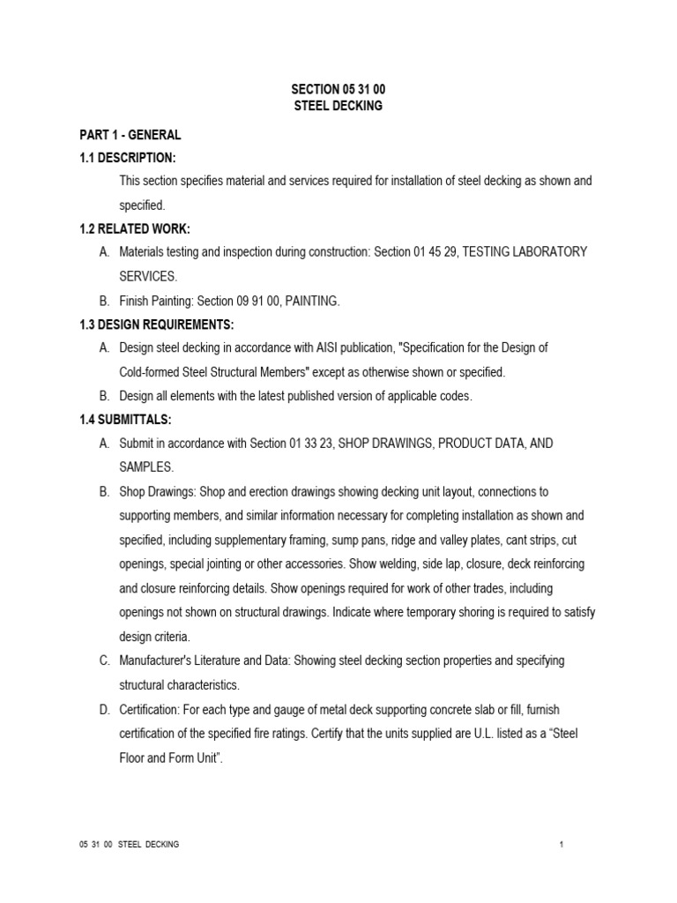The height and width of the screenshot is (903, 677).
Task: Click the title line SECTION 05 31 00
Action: pos(338,90)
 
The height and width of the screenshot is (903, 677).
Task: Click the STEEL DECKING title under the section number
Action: pos(338,107)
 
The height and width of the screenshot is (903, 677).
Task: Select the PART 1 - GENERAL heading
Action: pos(130,135)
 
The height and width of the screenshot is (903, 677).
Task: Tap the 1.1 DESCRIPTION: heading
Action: pos(128,158)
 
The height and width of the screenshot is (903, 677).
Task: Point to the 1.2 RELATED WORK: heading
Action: pos(132,229)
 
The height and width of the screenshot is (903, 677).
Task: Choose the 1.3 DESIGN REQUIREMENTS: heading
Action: pos(157,325)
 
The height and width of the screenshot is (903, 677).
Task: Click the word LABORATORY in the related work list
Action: pos(546,252)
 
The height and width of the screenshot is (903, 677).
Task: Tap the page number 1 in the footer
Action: pos(561,845)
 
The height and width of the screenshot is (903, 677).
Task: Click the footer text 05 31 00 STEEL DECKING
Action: pos(129,845)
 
